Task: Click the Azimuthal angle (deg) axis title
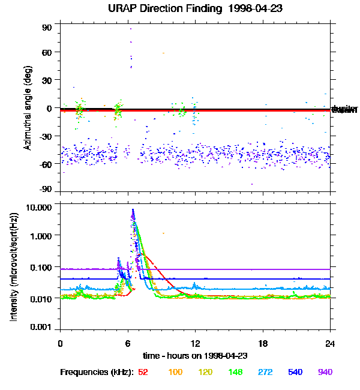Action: [28, 107]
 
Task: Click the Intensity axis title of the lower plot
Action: [13, 267]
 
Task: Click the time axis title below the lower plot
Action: [195, 356]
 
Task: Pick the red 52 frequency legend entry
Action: [143, 372]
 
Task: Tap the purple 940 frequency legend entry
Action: [325, 372]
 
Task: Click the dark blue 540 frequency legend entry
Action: [294, 372]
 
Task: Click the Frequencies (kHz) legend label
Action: [95, 372]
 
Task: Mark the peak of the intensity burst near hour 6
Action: [133, 209]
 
